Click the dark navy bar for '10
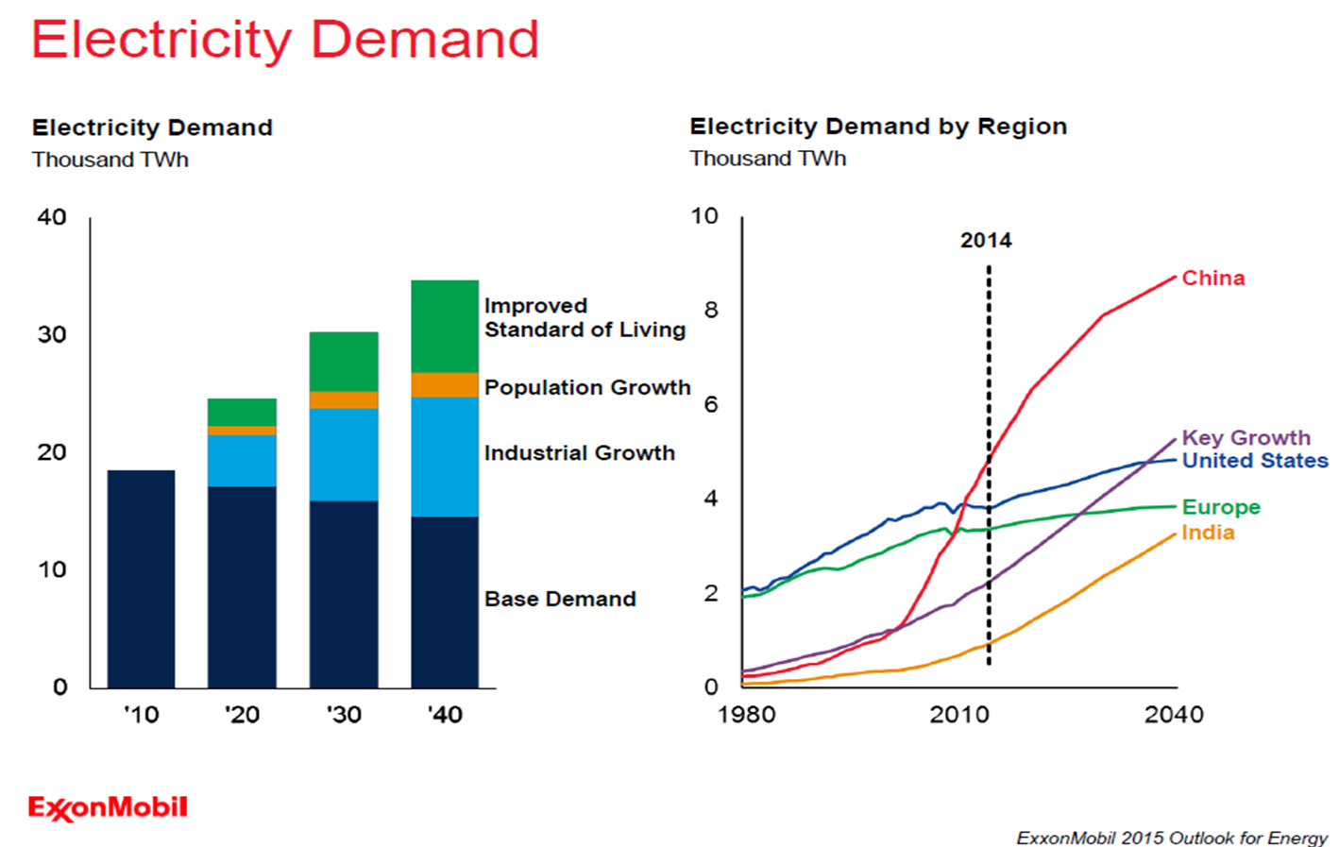tap(141, 578)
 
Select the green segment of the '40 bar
tap(445, 326)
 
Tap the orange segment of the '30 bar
tap(344, 400)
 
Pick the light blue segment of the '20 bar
tap(242, 461)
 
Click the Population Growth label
tap(587, 387)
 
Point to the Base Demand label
tap(560, 599)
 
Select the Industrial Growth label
tap(579, 453)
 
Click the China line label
tap(1213, 279)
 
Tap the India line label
tap(1208, 533)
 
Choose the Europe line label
tap(1221, 507)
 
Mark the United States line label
tap(1255, 461)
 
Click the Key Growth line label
tap(1246, 438)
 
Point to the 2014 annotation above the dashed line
tap(986, 241)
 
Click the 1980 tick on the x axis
tap(746, 715)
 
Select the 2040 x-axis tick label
tap(1174, 715)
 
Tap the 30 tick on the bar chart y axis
tap(52, 334)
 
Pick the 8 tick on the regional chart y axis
tap(710, 310)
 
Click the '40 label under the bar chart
tap(445, 715)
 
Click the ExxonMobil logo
tap(108, 808)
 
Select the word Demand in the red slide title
tap(424, 40)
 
